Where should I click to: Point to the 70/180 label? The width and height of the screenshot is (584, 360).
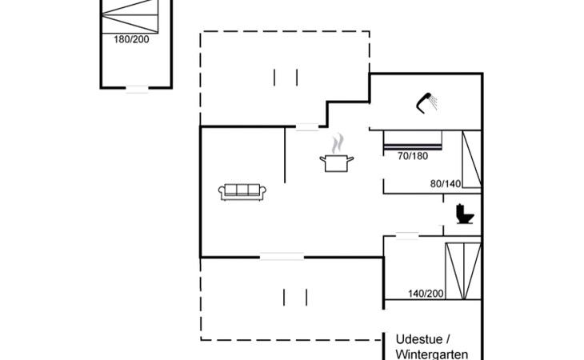coord(413,156)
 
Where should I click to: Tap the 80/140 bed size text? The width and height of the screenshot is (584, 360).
coord(446,183)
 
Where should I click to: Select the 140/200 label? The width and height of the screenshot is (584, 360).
coord(426,294)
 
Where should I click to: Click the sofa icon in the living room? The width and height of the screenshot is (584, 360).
coord(243,192)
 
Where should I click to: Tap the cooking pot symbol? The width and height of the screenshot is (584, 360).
coord(337,162)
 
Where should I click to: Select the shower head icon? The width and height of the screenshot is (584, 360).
coord(426,102)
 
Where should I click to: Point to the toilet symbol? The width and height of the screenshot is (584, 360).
coord(464,214)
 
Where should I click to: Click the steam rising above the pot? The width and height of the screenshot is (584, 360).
coord(338,143)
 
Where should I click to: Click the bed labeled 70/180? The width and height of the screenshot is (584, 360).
coord(414,140)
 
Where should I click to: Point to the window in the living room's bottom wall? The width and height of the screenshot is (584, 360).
coord(282,257)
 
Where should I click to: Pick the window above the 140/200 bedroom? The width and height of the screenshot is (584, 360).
coord(407,234)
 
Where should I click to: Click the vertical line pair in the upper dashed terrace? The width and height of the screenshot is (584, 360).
coord(286,77)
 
